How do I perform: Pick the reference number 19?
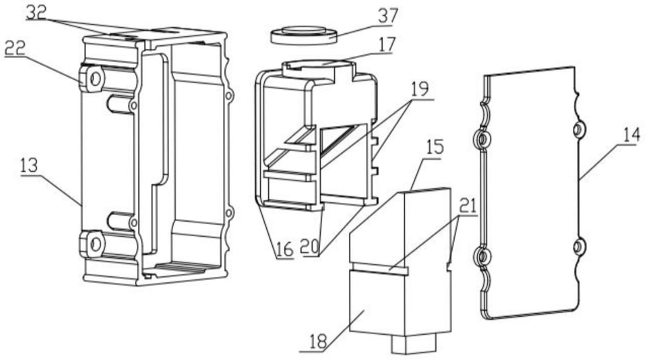tap(419, 90)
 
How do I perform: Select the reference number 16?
tap(283, 250)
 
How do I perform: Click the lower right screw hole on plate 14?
tap(578, 247)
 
